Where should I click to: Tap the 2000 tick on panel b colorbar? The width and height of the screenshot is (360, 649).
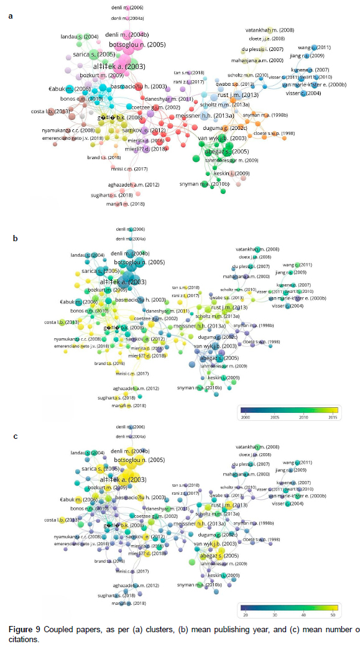point(245,418)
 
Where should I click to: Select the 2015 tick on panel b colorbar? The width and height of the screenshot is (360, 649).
point(333,418)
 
